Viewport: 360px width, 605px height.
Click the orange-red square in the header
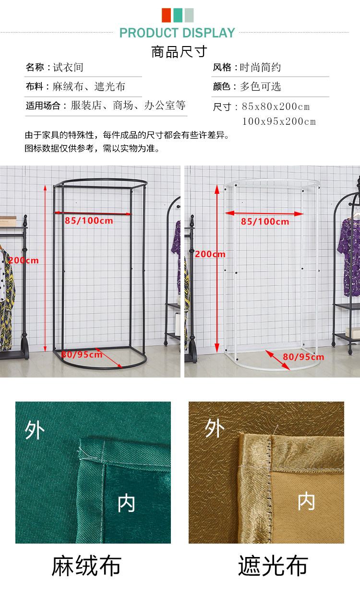[x=166, y=15]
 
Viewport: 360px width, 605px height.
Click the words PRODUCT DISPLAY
[x=177, y=33]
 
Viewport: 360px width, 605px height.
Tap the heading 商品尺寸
[x=179, y=52]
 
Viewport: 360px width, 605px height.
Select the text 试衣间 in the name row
[x=68, y=67]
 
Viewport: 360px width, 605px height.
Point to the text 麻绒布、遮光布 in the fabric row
[x=89, y=86]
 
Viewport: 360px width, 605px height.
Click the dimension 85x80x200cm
[x=276, y=107]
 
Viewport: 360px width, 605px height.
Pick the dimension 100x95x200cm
[x=279, y=121]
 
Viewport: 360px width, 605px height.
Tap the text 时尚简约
[x=260, y=67]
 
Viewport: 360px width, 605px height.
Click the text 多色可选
[x=260, y=86]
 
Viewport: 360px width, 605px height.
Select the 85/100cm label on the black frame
[x=89, y=221]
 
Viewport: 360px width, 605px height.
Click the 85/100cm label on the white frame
[x=265, y=222]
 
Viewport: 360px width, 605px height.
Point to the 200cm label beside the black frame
[x=24, y=261]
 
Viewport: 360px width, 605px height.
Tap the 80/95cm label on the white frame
[x=303, y=357]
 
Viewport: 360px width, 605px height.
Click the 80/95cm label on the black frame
[x=82, y=354]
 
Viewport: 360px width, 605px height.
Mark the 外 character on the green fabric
[x=35, y=430]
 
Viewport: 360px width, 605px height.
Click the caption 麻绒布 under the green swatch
[x=86, y=566]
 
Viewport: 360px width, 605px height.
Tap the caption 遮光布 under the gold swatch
[x=273, y=566]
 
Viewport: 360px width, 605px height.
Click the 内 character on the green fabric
[x=126, y=503]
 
